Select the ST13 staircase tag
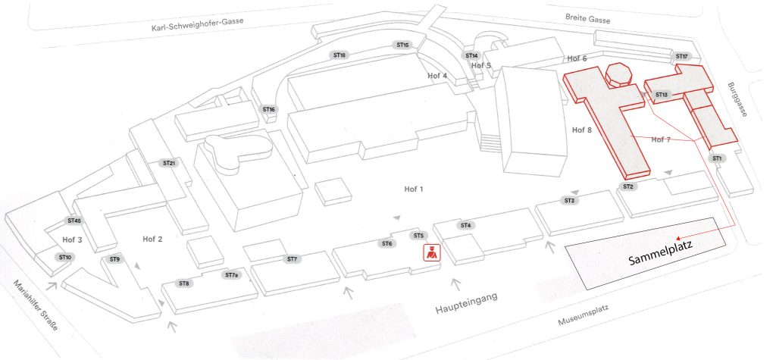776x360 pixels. [x=661, y=95]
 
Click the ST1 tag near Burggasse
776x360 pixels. [x=717, y=158]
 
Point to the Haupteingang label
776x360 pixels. [x=466, y=303]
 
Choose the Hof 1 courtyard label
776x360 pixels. [x=414, y=189]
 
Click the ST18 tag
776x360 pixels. [x=339, y=55]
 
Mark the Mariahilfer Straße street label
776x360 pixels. [x=36, y=305]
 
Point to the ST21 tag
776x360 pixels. [x=169, y=163]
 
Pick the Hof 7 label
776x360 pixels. [x=661, y=139]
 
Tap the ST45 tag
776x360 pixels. [x=74, y=221]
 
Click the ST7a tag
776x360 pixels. [x=232, y=275]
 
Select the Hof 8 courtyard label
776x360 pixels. [x=582, y=130]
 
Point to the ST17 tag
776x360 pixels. [x=681, y=56]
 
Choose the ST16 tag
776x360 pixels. [x=269, y=109]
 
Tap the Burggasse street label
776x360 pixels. [x=737, y=99]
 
